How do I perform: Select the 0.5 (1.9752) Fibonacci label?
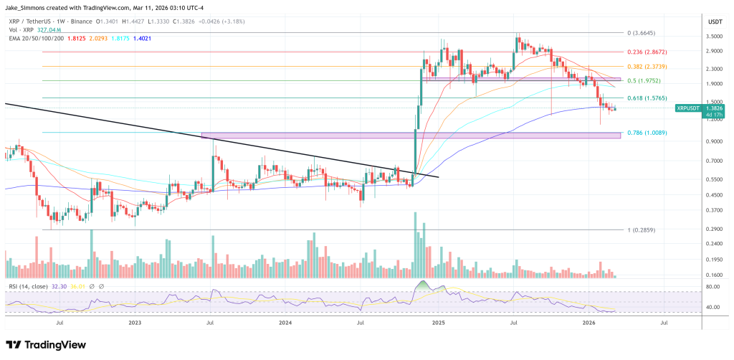pos(644,80)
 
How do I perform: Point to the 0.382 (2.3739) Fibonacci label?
pos(647,66)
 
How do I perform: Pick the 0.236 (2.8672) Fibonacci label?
pos(647,52)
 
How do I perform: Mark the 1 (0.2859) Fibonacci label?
pos(642,229)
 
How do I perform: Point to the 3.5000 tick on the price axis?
pos(714,34)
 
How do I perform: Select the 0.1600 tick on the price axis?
pos(714,275)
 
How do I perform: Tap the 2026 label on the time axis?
pos(588,323)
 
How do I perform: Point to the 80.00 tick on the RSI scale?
pos(713,287)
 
